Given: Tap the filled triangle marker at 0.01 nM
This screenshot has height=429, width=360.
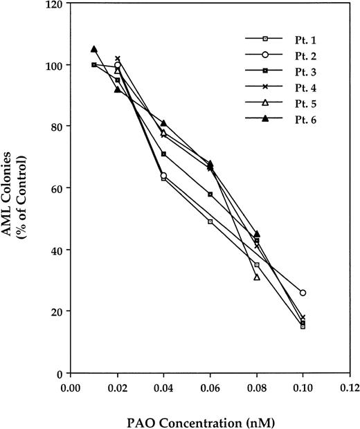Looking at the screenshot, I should pos(93,49).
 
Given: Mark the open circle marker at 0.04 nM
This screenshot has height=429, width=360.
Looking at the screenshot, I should pos(163,175).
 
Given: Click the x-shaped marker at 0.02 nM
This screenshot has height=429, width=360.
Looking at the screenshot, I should pos(117,59).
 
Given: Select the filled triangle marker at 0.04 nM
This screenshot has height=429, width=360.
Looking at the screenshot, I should pos(163,123).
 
